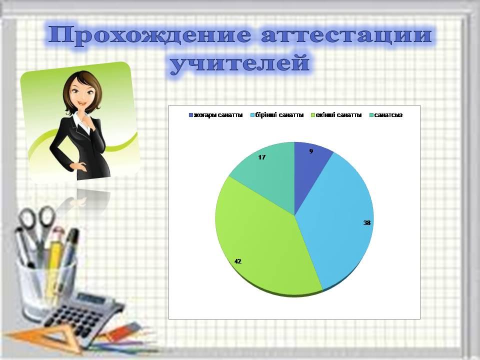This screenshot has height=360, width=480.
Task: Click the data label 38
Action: pos(367,222)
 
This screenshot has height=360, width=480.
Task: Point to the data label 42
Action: pos(238,261)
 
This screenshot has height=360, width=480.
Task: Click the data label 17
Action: pos(261,157)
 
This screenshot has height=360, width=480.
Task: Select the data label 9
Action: pos(311,150)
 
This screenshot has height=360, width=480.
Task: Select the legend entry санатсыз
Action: pos(387,115)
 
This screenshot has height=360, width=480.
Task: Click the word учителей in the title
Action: pos(240,64)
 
